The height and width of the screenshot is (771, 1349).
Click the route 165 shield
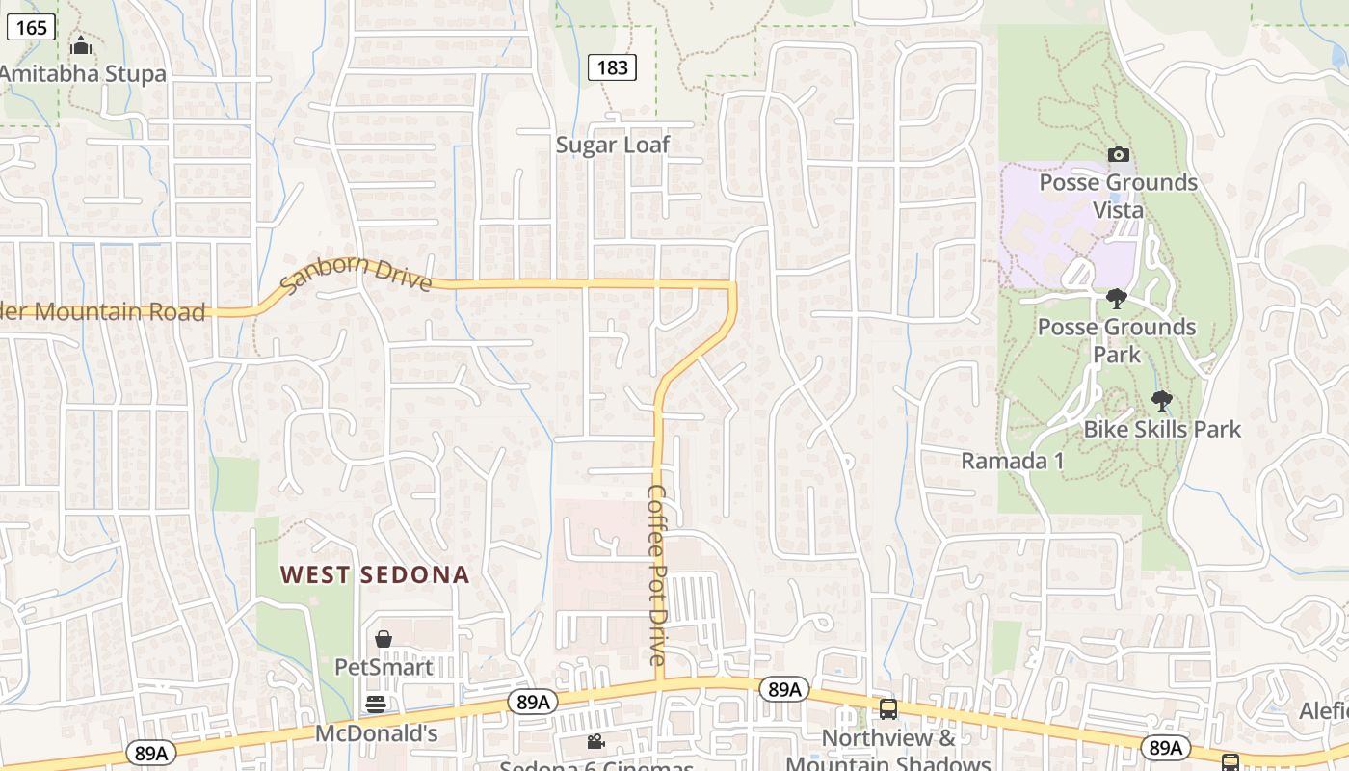(31, 27)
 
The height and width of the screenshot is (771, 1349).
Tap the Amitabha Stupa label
(83, 73)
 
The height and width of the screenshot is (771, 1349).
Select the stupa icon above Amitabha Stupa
(81, 45)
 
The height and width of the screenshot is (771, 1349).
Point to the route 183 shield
(612, 66)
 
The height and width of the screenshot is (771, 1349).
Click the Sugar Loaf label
(613, 145)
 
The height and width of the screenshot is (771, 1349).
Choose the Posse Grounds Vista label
(1118, 196)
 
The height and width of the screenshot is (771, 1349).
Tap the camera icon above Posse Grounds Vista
(1119, 154)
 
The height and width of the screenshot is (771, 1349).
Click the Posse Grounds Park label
(1117, 340)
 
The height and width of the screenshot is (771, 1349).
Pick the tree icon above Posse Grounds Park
(1117, 299)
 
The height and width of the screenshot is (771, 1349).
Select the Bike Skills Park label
(1162, 429)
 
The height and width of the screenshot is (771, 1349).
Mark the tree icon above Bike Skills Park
(1162, 400)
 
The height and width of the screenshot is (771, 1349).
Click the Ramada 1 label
(1013, 461)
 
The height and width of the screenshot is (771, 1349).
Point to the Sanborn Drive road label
(356, 276)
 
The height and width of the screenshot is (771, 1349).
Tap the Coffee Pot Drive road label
(657, 574)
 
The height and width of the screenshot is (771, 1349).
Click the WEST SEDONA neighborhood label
(375, 575)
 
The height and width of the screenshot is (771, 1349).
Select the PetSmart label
(384, 667)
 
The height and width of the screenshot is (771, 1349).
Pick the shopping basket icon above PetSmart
(384, 639)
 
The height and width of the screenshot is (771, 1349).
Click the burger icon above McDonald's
(376, 705)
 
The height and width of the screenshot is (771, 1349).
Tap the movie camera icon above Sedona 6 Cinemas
(596, 741)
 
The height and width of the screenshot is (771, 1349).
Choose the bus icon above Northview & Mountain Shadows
(888, 709)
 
